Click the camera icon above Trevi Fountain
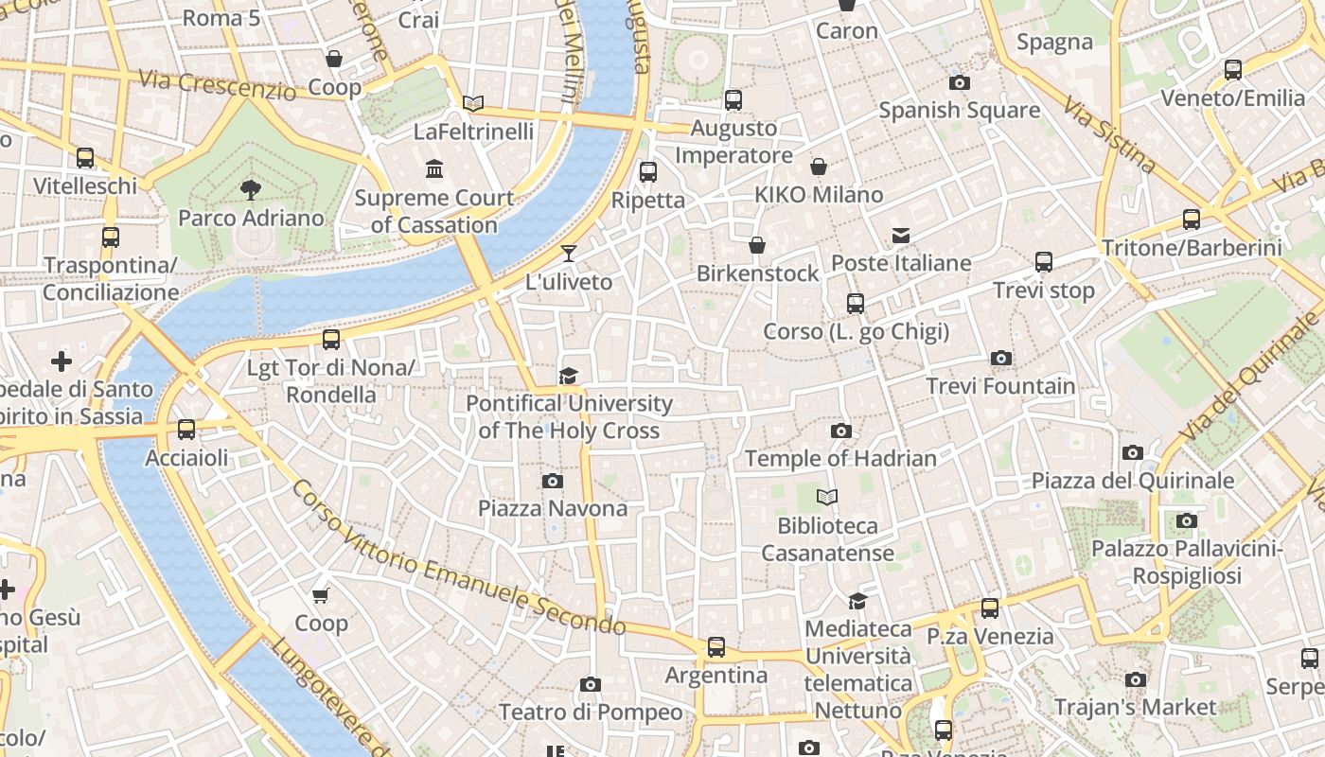[x=1000, y=359]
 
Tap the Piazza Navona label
[x=552, y=508]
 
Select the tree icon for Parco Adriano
[x=251, y=190]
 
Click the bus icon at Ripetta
[x=648, y=172]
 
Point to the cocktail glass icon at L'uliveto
[x=568, y=253]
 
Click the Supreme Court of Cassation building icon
[x=434, y=169]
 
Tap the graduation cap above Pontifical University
[x=568, y=377]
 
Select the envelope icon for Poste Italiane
[x=900, y=235]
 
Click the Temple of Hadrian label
[x=840, y=458]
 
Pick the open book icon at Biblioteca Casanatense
[x=827, y=497]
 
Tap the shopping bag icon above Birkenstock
[x=757, y=246]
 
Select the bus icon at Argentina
[x=716, y=647]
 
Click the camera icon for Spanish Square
[x=959, y=83]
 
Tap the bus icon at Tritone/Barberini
[x=1192, y=220]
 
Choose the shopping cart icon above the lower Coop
[x=321, y=595]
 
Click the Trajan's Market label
[x=1135, y=707]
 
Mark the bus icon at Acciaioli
[x=186, y=430]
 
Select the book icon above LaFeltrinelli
[x=473, y=103]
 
